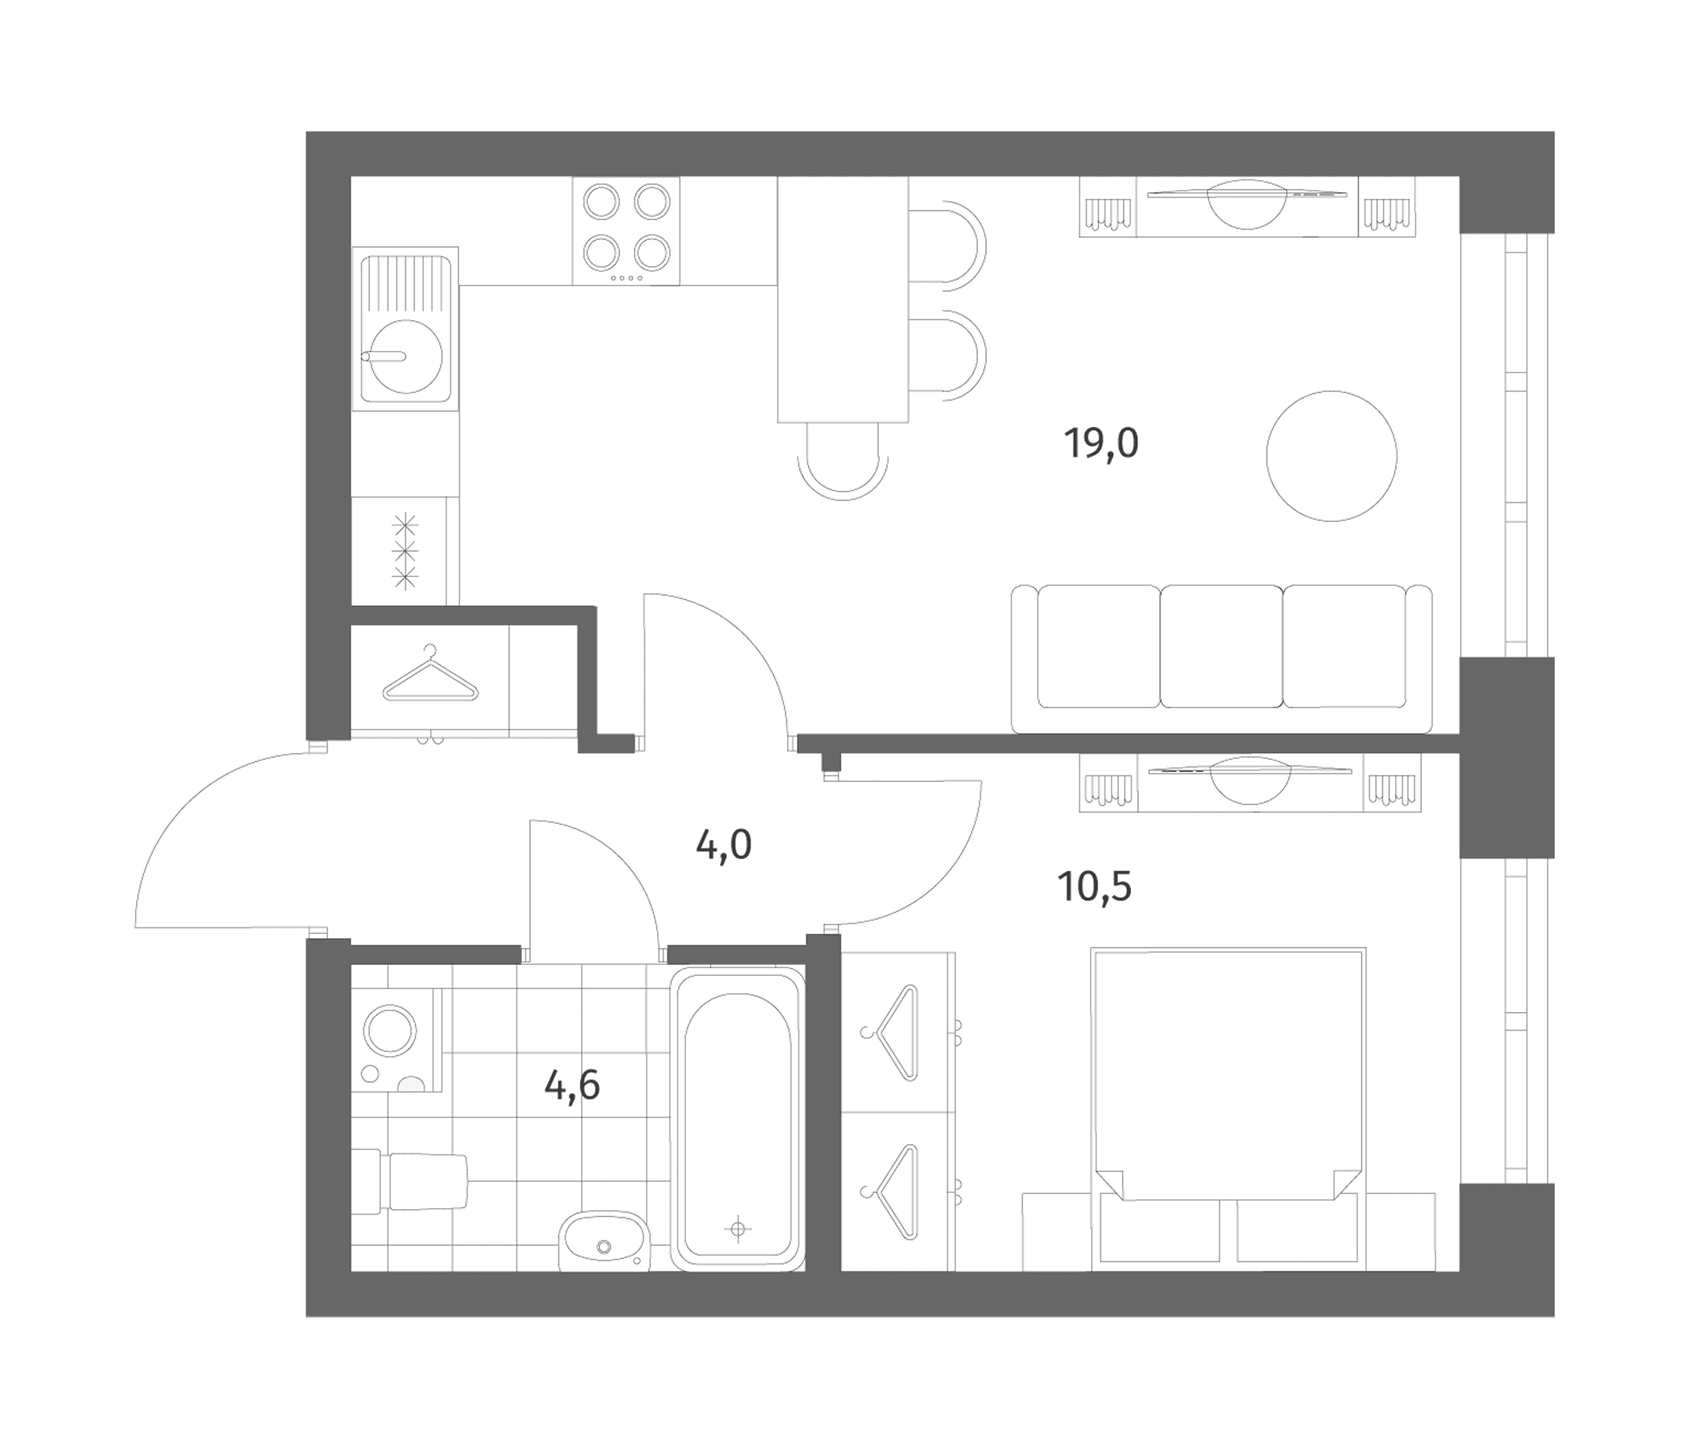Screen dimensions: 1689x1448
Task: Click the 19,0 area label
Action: click(x=1100, y=443)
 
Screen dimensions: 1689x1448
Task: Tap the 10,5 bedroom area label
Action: click(x=1095, y=886)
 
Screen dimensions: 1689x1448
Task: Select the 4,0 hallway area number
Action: click(x=723, y=845)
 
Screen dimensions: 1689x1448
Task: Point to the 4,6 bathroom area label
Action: click(x=572, y=1085)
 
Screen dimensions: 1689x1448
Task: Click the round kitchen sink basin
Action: click(x=406, y=356)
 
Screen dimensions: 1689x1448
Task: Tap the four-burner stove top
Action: click(x=626, y=231)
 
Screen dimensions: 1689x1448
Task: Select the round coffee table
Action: click(x=1331, y=456)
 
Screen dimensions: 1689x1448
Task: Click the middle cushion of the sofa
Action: click(x=1221, y=646)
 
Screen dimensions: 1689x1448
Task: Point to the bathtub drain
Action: click(x=738, y=1228)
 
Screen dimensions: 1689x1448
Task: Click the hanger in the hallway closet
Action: click(x=430, y=673)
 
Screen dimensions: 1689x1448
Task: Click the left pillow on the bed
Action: click(x=1159, y=1232)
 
